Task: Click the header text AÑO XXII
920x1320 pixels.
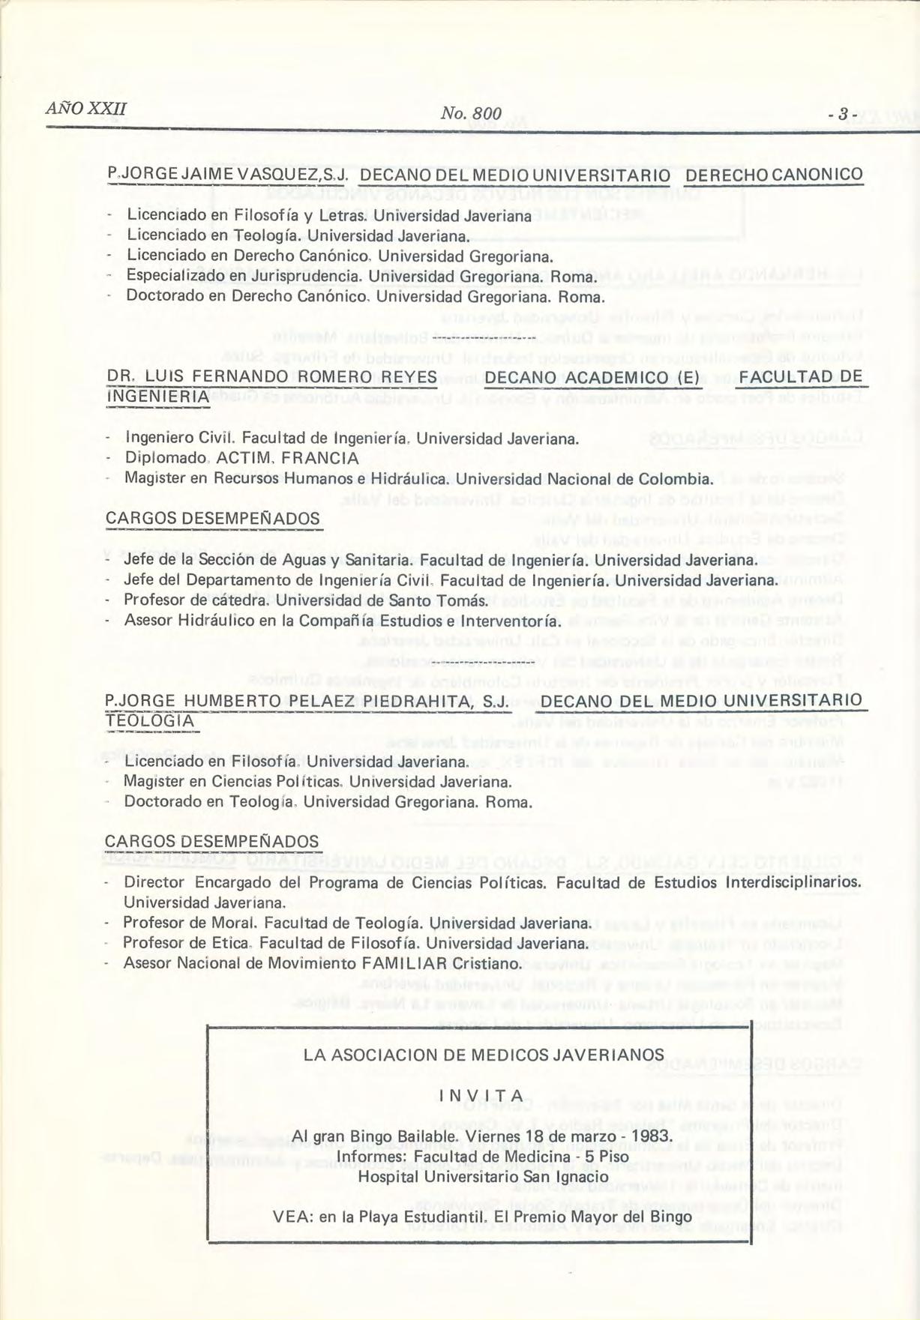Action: point(85,109)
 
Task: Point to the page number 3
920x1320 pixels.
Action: point(843,115)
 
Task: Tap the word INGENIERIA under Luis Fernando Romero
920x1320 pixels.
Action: point(158,396)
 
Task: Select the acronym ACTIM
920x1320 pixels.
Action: point(239,458)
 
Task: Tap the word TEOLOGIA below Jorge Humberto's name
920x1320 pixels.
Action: point(150,721)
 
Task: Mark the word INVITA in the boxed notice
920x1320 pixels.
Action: point(481,1097)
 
